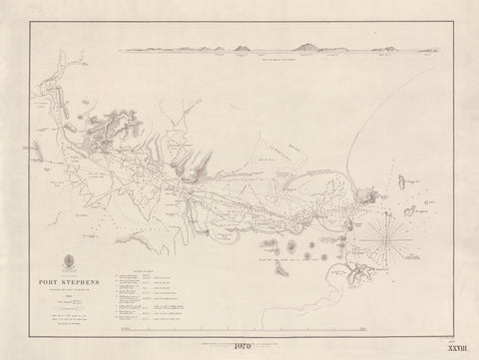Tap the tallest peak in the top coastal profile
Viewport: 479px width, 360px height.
pos(307,44)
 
